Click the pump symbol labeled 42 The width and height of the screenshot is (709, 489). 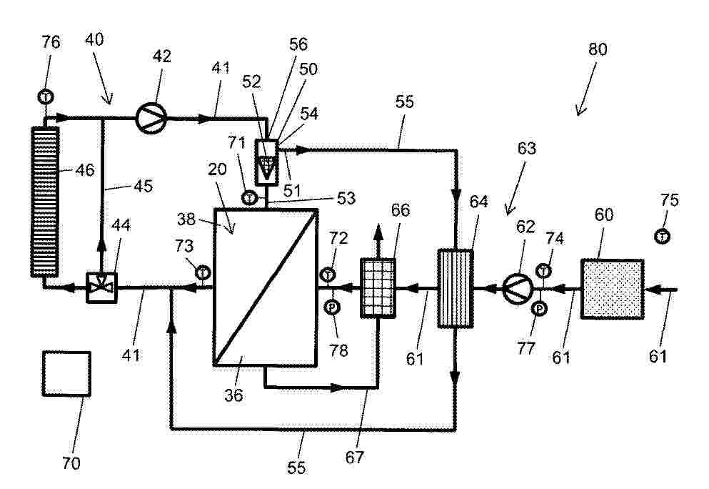(151, 118)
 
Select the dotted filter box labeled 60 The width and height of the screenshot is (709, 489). (612, 289)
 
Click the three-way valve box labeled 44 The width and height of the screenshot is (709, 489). (101, 287)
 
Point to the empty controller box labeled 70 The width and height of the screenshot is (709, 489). (66, 373)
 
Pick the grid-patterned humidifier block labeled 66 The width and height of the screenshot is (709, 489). (378, 288)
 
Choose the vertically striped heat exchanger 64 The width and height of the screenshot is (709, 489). (456, 288)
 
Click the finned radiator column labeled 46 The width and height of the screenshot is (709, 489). (45, 202)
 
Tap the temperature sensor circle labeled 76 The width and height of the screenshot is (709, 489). (45, 97)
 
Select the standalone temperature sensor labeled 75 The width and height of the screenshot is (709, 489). (663, 237)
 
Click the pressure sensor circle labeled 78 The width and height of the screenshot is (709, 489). (332, 307)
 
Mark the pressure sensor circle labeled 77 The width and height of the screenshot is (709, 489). (539, 309)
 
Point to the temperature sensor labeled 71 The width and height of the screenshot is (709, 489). (249, 198)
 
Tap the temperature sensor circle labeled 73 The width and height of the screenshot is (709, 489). (203, 272)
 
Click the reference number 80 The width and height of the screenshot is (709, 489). (598, 49)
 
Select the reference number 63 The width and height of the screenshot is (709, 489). (526, 148)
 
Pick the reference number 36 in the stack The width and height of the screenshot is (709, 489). (233, 395)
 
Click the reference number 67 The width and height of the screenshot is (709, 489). (354, 458)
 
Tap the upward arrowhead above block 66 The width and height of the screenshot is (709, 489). (378, 231)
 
